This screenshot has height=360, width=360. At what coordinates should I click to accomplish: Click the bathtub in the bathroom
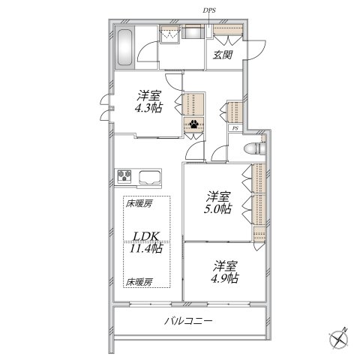(x=125, y=48)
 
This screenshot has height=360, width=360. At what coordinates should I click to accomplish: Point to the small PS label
(x=235, y=128)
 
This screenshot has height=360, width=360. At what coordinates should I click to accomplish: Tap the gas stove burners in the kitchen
(x=124, y=177)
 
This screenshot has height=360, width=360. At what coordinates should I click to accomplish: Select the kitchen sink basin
(x=149, y=178)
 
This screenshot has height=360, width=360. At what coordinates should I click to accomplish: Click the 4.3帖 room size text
(x=148, y=108)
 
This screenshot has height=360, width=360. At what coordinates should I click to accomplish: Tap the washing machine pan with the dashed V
(x=172, y=34)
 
